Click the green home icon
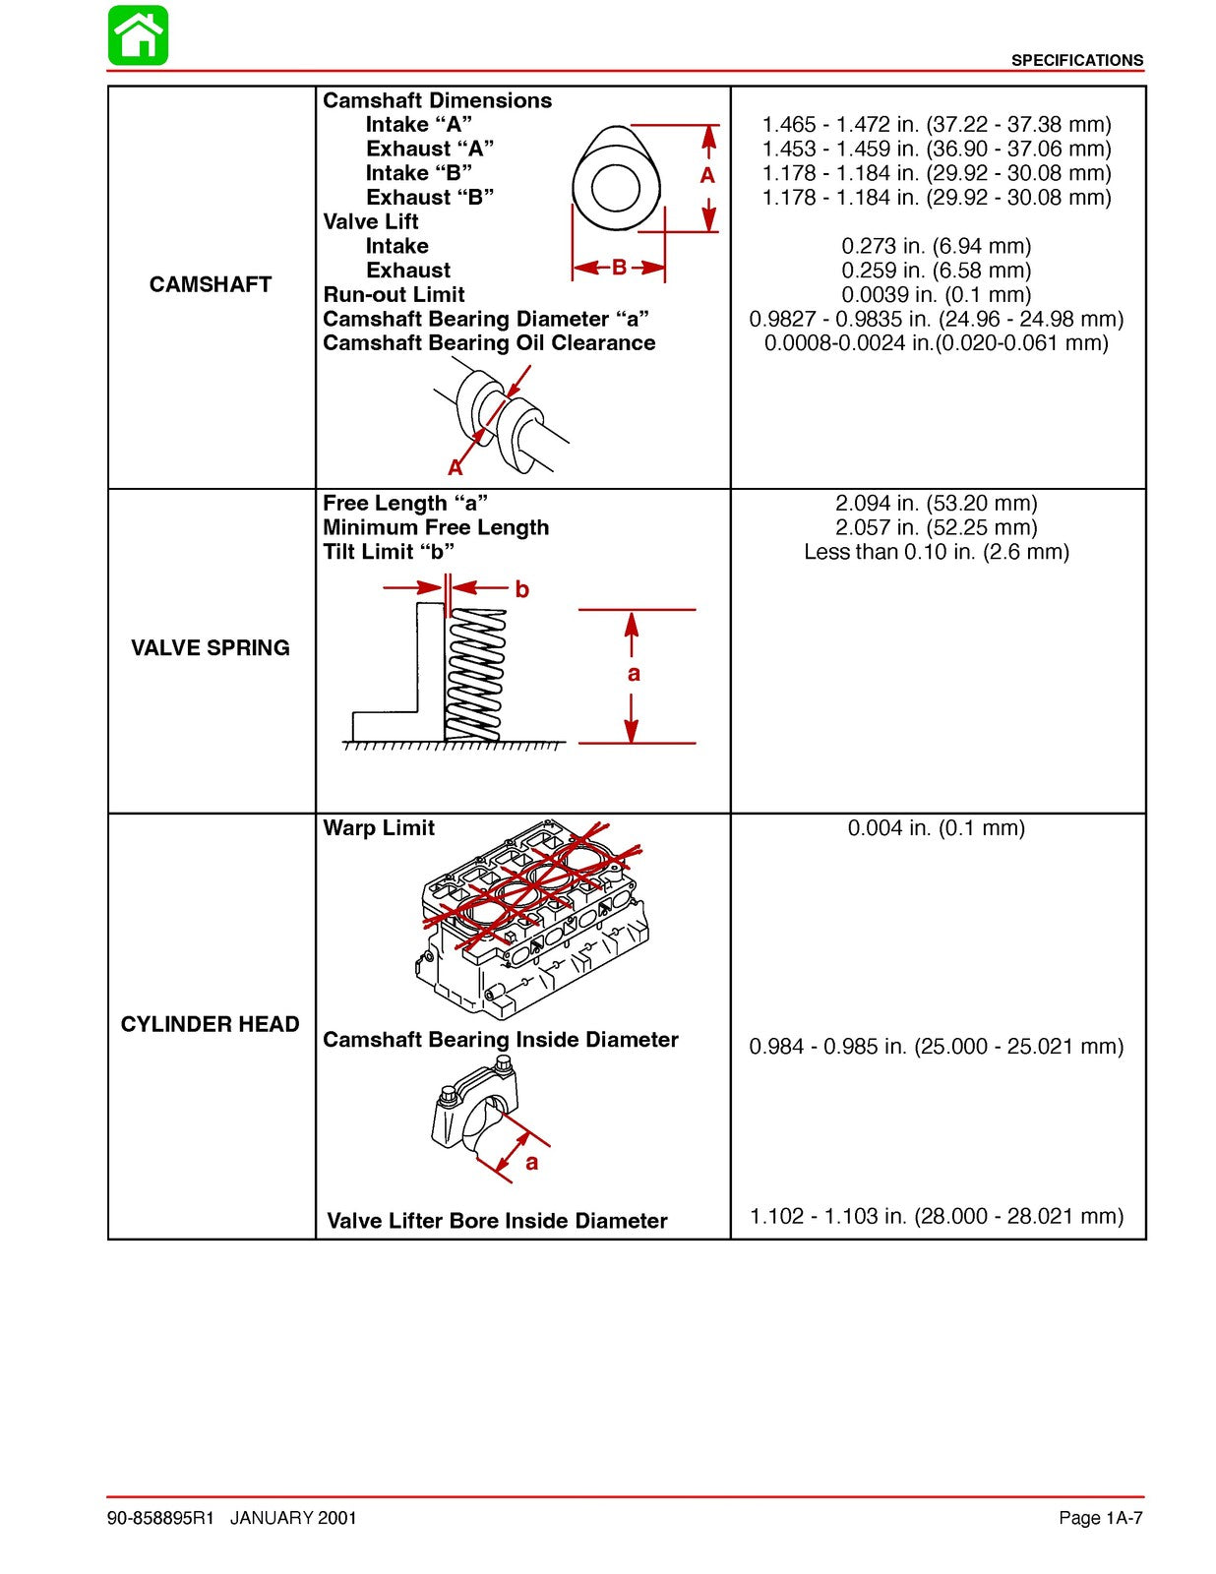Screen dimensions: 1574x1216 [138, 35]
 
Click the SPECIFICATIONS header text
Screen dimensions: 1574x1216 [1076, 60]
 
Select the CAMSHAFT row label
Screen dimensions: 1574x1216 [210, 284]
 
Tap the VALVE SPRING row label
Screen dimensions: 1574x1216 [210, 647]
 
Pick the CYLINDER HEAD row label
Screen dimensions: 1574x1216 [210, 1024]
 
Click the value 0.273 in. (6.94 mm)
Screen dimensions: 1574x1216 [936, 246]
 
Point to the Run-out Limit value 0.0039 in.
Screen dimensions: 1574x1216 [936, 294]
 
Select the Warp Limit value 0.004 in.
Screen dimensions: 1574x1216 [936, 828]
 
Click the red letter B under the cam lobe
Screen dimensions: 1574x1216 [619, 268]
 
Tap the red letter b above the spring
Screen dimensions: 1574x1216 [521, 589]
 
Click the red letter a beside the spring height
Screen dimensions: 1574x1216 [634, 674]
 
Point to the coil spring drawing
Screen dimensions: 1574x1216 [476, 675]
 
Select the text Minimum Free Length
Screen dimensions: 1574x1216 [436, 527]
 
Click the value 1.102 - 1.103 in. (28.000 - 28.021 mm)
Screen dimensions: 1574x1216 [936, 1216]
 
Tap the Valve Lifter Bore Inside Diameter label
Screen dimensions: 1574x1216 [497, 1221]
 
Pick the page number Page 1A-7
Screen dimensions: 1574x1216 [1100, 1518]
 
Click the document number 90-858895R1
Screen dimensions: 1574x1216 [160, 1518]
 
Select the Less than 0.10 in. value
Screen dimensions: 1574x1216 [936, 552]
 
